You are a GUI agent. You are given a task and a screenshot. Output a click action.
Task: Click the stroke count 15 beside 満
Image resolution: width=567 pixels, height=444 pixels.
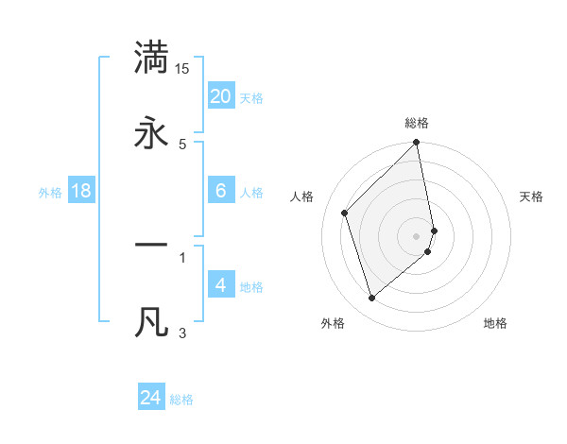tap(182, 69)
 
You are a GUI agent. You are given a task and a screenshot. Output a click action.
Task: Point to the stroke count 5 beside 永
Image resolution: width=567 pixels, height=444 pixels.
tap(182, 144)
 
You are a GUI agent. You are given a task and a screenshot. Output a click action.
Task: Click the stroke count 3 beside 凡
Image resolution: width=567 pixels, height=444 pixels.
tap(182, 333)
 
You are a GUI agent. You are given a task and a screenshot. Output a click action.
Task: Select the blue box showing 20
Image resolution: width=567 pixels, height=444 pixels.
tap(221, 96)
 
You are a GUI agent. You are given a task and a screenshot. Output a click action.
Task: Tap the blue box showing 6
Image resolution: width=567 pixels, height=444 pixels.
tap(221, 191)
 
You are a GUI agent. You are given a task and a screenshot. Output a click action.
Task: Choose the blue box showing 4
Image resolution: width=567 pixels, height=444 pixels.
tap(221, 285)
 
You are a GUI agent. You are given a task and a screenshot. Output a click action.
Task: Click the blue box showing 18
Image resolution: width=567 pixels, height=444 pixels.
tap(82, 191)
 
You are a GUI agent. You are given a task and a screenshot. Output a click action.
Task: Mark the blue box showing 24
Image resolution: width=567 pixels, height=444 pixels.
tap(151, 398)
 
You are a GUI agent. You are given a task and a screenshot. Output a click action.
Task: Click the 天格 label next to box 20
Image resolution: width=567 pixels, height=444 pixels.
tap(251, 98)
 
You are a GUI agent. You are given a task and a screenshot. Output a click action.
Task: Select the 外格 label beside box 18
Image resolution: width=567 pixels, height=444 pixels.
tap(50, 193)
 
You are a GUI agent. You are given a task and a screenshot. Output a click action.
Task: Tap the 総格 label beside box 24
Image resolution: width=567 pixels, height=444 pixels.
tap(181, 400)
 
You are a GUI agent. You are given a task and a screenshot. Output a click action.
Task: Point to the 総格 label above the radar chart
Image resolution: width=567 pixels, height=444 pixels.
tap(417, 123)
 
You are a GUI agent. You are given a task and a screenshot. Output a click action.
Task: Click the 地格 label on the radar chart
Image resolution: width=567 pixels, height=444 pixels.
tap(495, 323)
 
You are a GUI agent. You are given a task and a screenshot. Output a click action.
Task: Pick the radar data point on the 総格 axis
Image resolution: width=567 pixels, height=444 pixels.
tap(417, 144)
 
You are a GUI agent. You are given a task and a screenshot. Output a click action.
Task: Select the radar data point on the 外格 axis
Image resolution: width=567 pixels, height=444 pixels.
tap(371, 299)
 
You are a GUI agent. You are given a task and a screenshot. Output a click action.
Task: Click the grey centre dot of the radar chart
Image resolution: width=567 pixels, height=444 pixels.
tap(417, 235)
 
